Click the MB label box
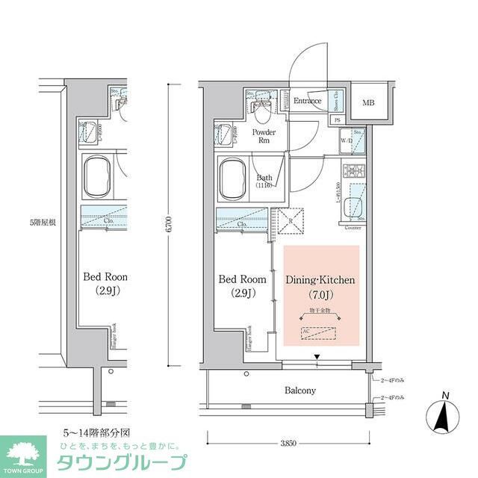click(369, 103)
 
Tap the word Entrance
click(306, 101)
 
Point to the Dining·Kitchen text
click(320, 280)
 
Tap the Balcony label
click(299, 390)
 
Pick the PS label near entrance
click(338, 119)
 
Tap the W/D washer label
click(347, 140)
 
